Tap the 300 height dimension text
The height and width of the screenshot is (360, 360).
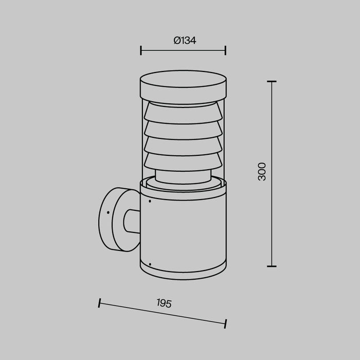[x=262, y=171]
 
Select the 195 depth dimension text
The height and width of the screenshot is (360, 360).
[x=164, y=303]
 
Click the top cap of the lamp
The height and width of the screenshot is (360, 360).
[x=183, y=84]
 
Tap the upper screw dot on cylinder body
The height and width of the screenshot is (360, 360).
[x=150, y=202]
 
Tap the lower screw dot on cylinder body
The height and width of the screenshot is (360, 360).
[x=150, y=265]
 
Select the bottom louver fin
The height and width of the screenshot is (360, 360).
[x=183, y=160]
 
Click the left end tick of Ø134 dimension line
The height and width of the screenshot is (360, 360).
[x=141, y=50]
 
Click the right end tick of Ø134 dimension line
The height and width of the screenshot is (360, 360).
[x=226, y=50]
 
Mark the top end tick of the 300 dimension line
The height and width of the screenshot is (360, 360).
[x=272, y=81]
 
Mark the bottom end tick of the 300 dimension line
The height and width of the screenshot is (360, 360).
[x=272, y=266]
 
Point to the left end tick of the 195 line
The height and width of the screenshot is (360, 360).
[x=100, y=303]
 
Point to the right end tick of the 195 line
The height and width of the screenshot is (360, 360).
[x=225, y=323]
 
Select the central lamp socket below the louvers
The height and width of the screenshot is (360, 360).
[x=183, y=177]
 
